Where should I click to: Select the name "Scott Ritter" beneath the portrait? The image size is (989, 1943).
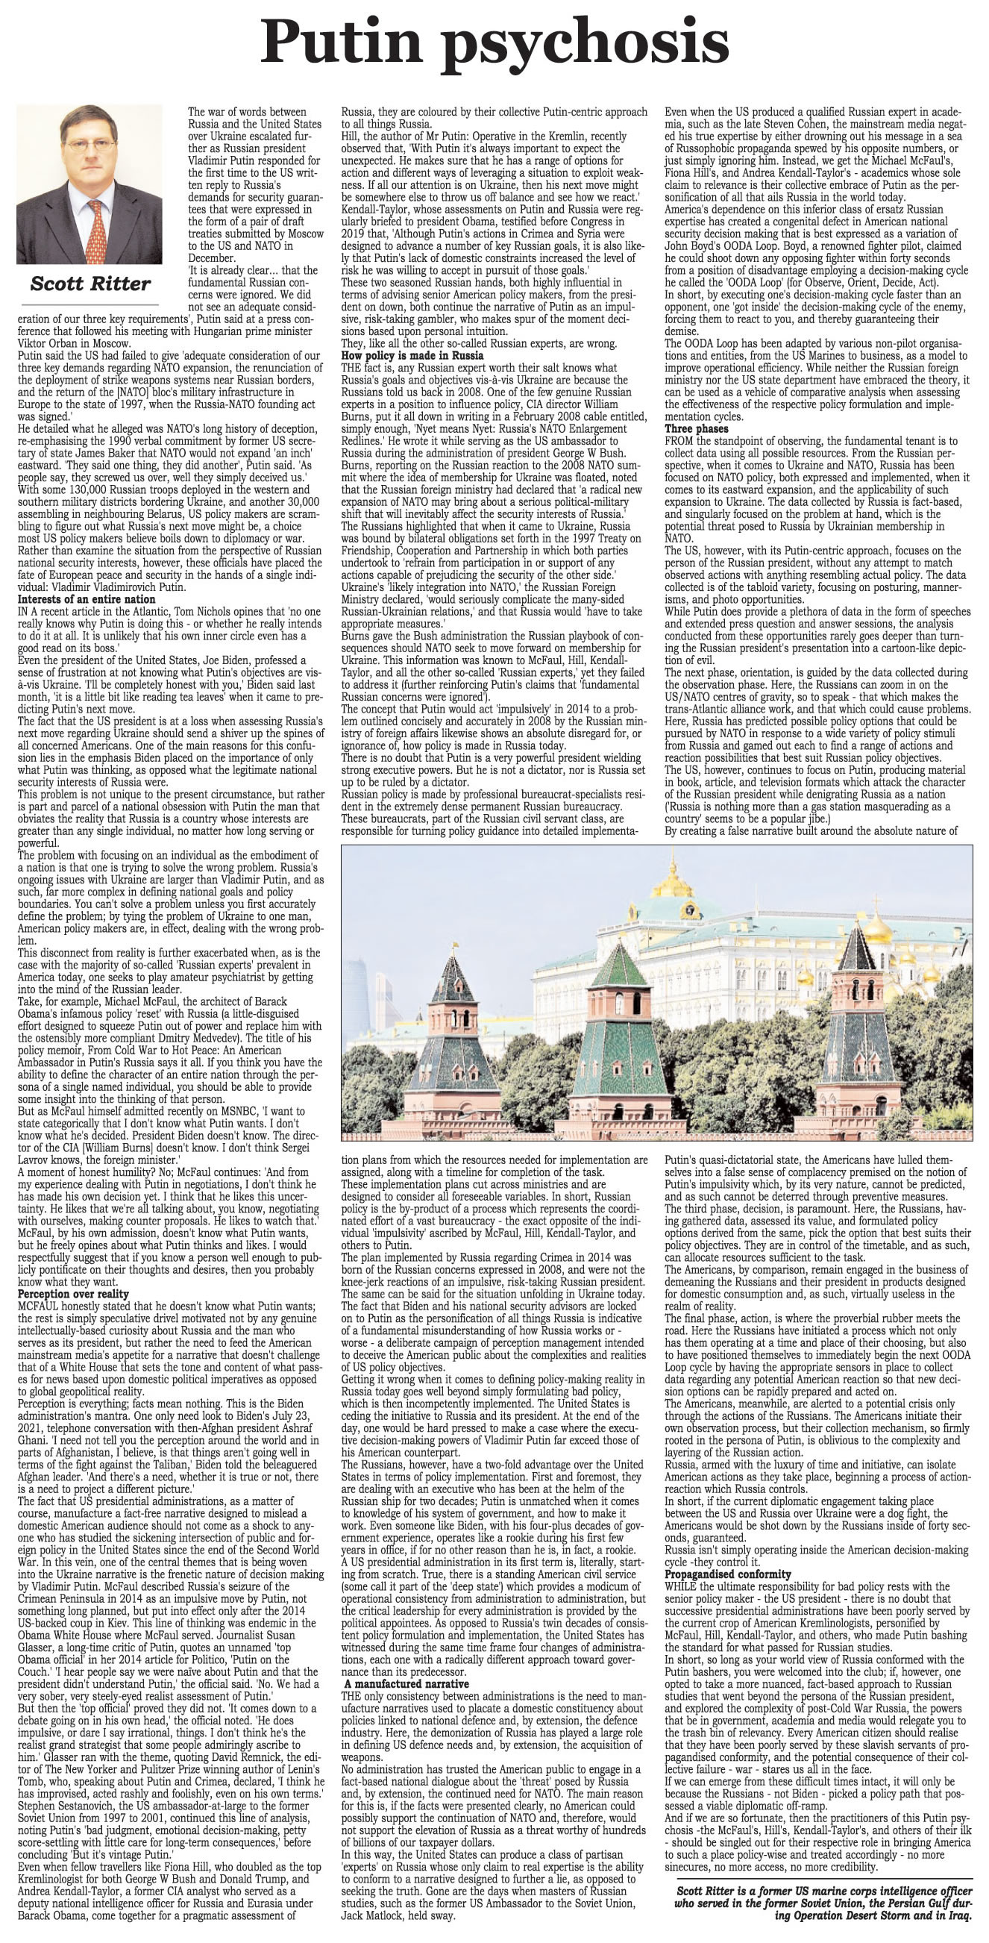(90, 284)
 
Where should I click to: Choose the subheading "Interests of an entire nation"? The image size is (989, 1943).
(86, 599)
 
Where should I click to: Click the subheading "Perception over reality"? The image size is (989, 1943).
(72, 1294)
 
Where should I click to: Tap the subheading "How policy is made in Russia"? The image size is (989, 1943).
(412, 354)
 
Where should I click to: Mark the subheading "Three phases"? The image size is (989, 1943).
(692, 429)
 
